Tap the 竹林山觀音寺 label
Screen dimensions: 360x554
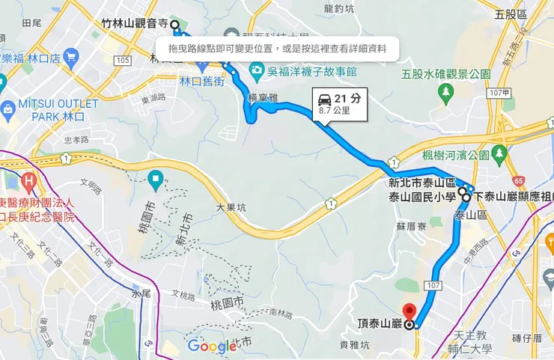tap(133, 24)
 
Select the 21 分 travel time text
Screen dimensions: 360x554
tap(347, 98)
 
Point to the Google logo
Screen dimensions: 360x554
tap(212, 346)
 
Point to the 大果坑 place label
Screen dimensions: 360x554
tap(231, 209)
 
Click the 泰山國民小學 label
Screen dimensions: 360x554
tap(421, 198)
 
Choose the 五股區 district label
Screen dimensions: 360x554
tap(511, 13)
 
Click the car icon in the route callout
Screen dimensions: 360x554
tap(325, 99)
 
